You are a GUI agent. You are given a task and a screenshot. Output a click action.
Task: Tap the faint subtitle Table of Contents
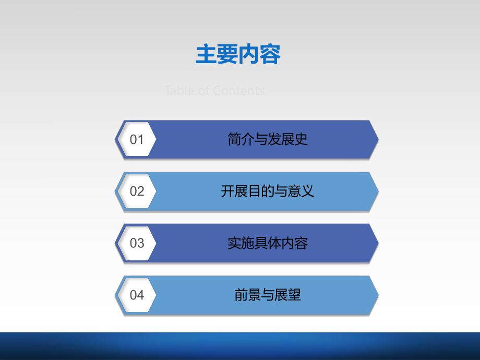coord(214,91)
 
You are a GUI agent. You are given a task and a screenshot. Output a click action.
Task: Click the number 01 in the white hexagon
coord(137,139)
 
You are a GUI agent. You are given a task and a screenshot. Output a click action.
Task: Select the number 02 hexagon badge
coord(137,191)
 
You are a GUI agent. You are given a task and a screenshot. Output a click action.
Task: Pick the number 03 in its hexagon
coord(137,243)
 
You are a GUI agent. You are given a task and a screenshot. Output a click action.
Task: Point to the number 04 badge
coord(137,295)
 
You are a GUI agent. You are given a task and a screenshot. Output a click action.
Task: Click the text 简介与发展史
coord(268,139)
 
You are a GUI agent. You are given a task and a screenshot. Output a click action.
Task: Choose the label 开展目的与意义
coord(268,191)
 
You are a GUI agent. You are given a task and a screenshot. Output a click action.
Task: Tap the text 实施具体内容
coord(268,243)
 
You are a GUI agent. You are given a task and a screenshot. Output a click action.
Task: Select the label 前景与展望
coord(268,295)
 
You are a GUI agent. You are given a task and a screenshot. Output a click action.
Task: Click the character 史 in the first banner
coord(301,139)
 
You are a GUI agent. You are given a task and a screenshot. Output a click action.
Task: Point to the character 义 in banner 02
coord(308,191)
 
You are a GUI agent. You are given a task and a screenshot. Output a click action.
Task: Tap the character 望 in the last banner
coord(294,295)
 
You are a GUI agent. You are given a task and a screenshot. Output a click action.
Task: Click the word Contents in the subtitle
coord(238,91)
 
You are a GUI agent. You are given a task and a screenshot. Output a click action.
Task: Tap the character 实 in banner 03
coord(234,243)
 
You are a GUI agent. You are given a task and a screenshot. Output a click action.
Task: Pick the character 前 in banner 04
coord(241,295)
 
